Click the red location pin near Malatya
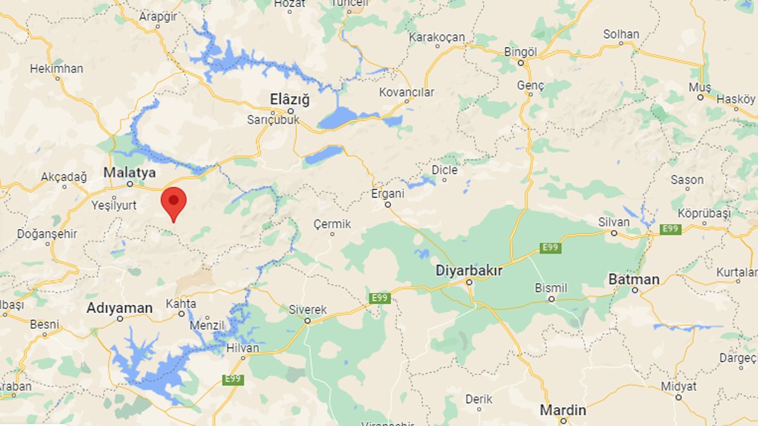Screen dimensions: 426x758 point(174,201)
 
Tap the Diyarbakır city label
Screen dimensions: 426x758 point(469,271)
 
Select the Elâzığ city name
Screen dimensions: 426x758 point(290,99)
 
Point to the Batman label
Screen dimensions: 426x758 point(634,279)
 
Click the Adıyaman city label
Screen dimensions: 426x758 point(119,308)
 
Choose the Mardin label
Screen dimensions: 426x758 point(563,410)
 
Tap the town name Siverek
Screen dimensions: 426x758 point(308,310)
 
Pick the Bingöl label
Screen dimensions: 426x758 point(520,52)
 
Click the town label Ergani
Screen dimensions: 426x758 point(388,193)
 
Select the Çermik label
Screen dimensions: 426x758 point(332,224)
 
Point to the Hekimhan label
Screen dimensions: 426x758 point(57,69)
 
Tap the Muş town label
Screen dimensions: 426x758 point(700,87)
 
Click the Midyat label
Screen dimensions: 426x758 point(678,386)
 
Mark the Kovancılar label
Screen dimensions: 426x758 point(407,93)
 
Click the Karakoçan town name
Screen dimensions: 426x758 point(436,37)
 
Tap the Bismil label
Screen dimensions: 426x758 point(551,288)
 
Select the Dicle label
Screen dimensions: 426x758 point(444,170)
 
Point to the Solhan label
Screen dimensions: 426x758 point(621,34)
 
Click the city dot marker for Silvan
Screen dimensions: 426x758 point(613,233)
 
